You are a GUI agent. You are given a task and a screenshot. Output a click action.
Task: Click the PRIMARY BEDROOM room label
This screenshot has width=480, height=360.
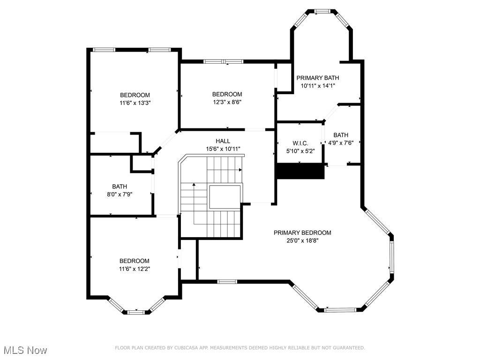[x=302, y=232]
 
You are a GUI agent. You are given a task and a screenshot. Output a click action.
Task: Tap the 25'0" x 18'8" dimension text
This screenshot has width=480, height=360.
[x=302, y=240]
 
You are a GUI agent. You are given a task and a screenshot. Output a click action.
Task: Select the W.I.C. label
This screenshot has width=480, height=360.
[x=300, y=143]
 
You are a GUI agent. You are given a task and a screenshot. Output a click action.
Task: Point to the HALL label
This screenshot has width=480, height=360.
[x=223, y=141]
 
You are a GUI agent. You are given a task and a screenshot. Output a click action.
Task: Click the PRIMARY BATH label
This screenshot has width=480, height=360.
[x=318, y=78]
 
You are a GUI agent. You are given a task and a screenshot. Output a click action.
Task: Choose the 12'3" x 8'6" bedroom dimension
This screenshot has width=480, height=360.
[x=227, y=102]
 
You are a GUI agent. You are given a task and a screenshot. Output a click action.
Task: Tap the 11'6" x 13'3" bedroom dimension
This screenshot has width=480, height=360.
[x=135, y=103]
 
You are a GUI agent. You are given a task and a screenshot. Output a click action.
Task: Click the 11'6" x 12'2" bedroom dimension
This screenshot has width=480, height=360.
[x=135, y=269]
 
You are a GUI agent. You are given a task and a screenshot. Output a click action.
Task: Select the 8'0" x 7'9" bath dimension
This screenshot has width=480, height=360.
[x=120, y=194]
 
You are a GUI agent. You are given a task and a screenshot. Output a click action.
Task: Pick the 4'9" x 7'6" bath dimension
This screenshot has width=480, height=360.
[x=341, y=142]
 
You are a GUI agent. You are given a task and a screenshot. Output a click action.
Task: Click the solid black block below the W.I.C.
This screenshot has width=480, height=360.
[x=300, y=171]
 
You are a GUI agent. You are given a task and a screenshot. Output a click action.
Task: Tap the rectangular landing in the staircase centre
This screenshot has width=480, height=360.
[x=225, y=197]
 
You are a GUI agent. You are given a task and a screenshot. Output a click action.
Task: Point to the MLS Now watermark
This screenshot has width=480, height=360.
[x=25, y=350]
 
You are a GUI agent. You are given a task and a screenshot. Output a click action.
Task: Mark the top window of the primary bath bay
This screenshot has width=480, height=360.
[x=322, y=12]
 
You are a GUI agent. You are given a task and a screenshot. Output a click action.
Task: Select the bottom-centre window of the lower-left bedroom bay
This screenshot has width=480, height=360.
[x=136, y=312]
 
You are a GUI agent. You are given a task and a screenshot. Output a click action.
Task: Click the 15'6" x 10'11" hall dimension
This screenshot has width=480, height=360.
[x=223, y=149]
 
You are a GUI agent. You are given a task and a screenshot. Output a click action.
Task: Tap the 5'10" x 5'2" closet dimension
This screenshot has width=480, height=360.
[x=300, y=151]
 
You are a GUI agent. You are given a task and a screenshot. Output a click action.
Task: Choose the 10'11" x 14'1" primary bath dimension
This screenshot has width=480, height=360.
[x=318, y=86]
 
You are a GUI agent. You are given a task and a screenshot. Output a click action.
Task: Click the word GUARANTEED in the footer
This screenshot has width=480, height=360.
[x=349, y=348]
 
